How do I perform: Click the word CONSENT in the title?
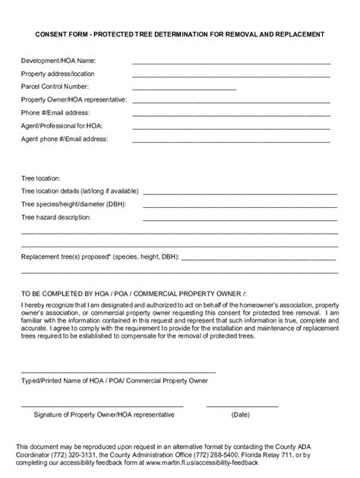[46, 34]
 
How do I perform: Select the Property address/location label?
[58, 74]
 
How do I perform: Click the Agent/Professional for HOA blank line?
[231, 127]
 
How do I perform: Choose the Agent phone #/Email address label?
[64, 139]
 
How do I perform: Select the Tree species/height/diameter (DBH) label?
[73, 204]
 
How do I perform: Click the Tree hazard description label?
[55, 217]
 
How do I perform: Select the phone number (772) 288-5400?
[223, 454]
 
